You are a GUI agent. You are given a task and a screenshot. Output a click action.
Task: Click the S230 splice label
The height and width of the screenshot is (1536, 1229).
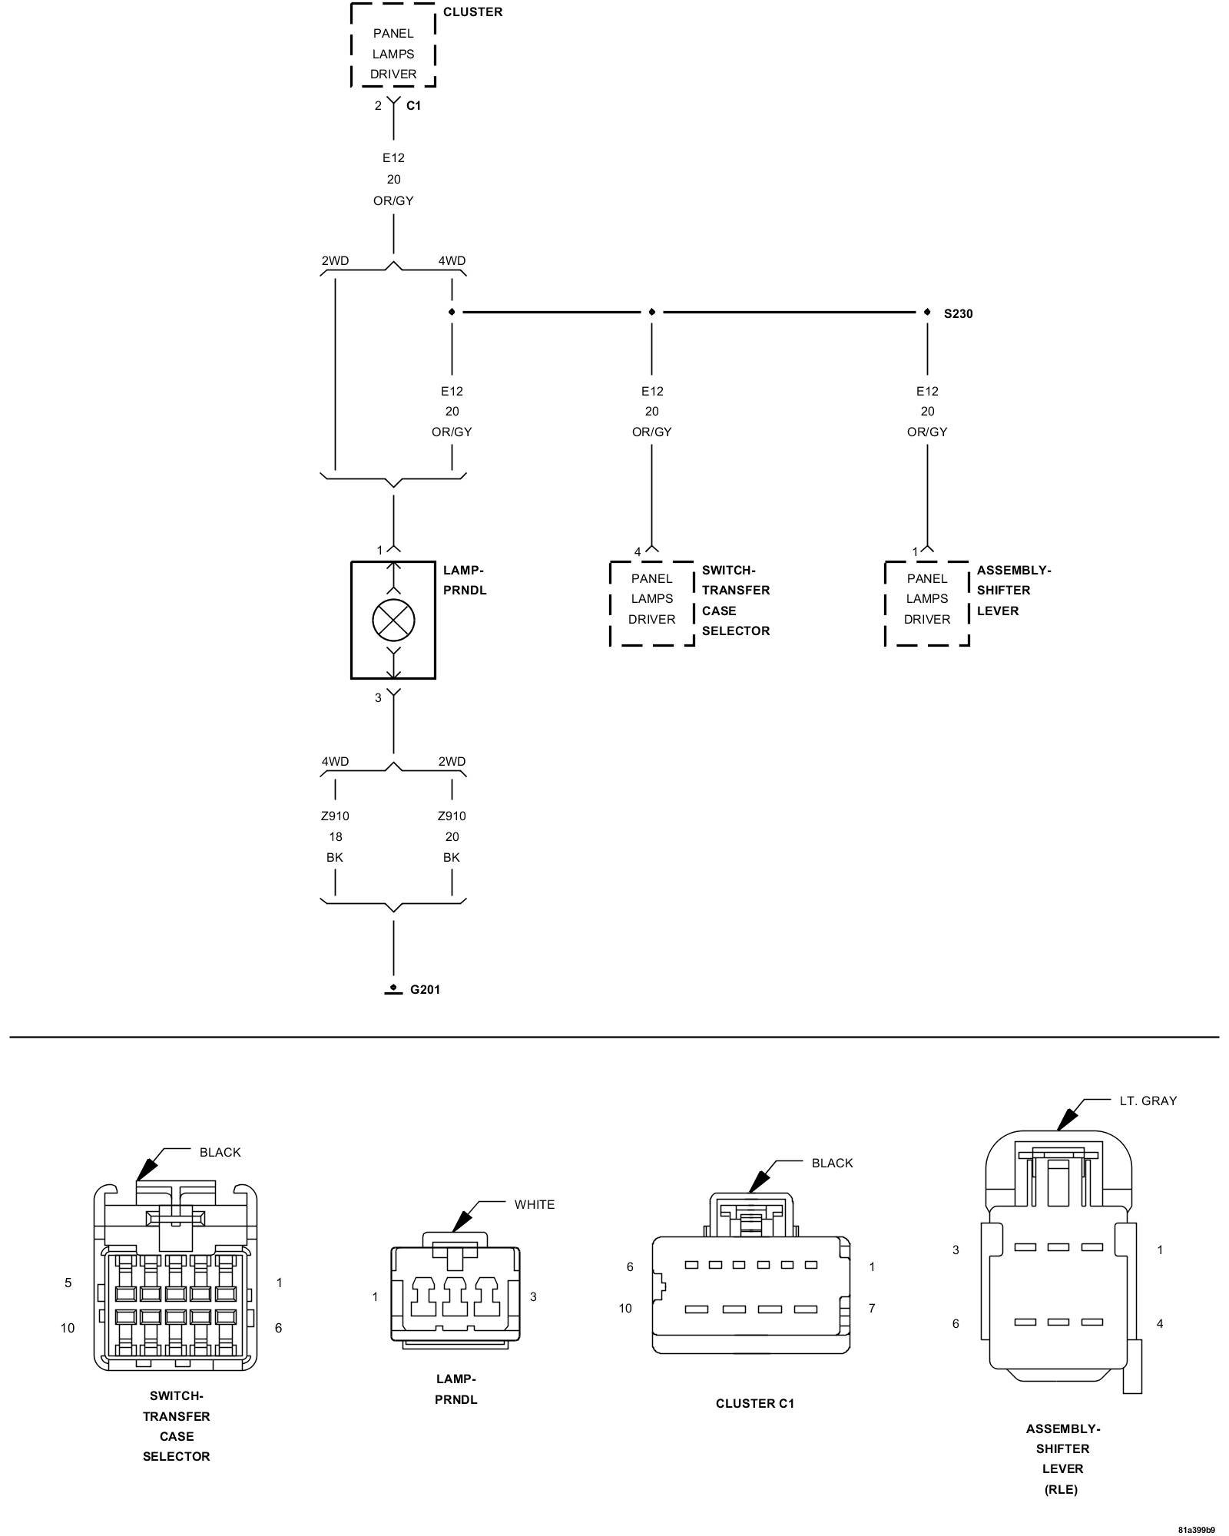coord(958,313)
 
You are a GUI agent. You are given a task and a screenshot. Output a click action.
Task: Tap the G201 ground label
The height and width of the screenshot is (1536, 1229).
coord(425,989)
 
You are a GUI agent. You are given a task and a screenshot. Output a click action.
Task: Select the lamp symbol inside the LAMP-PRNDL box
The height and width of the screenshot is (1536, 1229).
coord(393,620)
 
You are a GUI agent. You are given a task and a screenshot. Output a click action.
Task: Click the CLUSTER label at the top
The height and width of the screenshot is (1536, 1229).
coord(472,12)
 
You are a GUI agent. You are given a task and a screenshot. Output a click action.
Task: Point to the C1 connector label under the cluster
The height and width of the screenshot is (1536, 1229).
coord(413,106)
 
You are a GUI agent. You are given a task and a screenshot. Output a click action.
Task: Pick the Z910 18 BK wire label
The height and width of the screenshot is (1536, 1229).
coord(335,836)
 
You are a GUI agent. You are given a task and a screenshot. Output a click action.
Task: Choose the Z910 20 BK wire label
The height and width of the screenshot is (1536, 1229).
coord(452,836)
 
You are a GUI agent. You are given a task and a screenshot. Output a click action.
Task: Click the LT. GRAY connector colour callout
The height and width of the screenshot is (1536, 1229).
coord(1148,1101)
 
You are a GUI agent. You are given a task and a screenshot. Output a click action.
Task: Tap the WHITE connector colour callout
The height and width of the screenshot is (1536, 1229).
coord(535,1204)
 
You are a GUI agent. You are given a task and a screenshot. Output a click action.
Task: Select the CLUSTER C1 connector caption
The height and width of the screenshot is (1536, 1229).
coord(755,1403)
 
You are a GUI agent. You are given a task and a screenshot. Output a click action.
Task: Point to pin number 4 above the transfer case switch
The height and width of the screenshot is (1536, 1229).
coord(638,551)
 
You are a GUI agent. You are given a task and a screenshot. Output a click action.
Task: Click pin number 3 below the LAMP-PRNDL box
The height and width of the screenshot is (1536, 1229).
coord(378,698)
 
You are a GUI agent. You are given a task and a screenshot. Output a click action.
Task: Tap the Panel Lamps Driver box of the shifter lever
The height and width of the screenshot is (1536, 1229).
coord(927,604)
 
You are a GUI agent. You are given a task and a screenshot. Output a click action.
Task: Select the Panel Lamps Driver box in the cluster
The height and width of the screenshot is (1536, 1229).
coord(393,45)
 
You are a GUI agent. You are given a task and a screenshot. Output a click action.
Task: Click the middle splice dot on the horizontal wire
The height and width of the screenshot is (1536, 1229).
coord(652,312)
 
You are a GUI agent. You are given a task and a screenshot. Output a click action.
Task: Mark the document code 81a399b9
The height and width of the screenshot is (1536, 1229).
coord(1195,1529)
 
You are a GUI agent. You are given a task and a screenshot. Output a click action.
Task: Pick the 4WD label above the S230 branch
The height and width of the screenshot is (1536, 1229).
coord(452,260)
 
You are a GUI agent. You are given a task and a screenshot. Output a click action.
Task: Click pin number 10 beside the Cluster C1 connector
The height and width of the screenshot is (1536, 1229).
coord(625,1308)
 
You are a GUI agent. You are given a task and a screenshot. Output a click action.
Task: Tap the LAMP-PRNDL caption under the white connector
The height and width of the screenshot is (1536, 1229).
coord(456,1389)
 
